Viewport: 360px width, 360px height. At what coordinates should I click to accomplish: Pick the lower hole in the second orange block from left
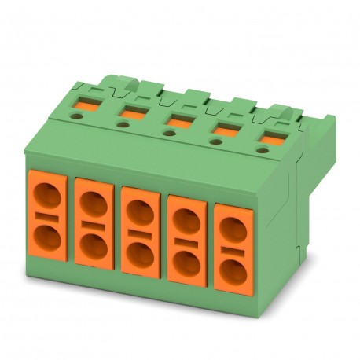click(94, 244)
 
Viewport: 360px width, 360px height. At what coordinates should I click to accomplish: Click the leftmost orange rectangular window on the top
click(85, 104)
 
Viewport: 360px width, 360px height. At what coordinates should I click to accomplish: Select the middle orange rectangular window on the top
click(176, 122)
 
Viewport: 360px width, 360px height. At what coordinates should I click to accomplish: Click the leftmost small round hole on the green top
click(76, 115)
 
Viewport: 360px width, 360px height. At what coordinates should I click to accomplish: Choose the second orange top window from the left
click(131, 113)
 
